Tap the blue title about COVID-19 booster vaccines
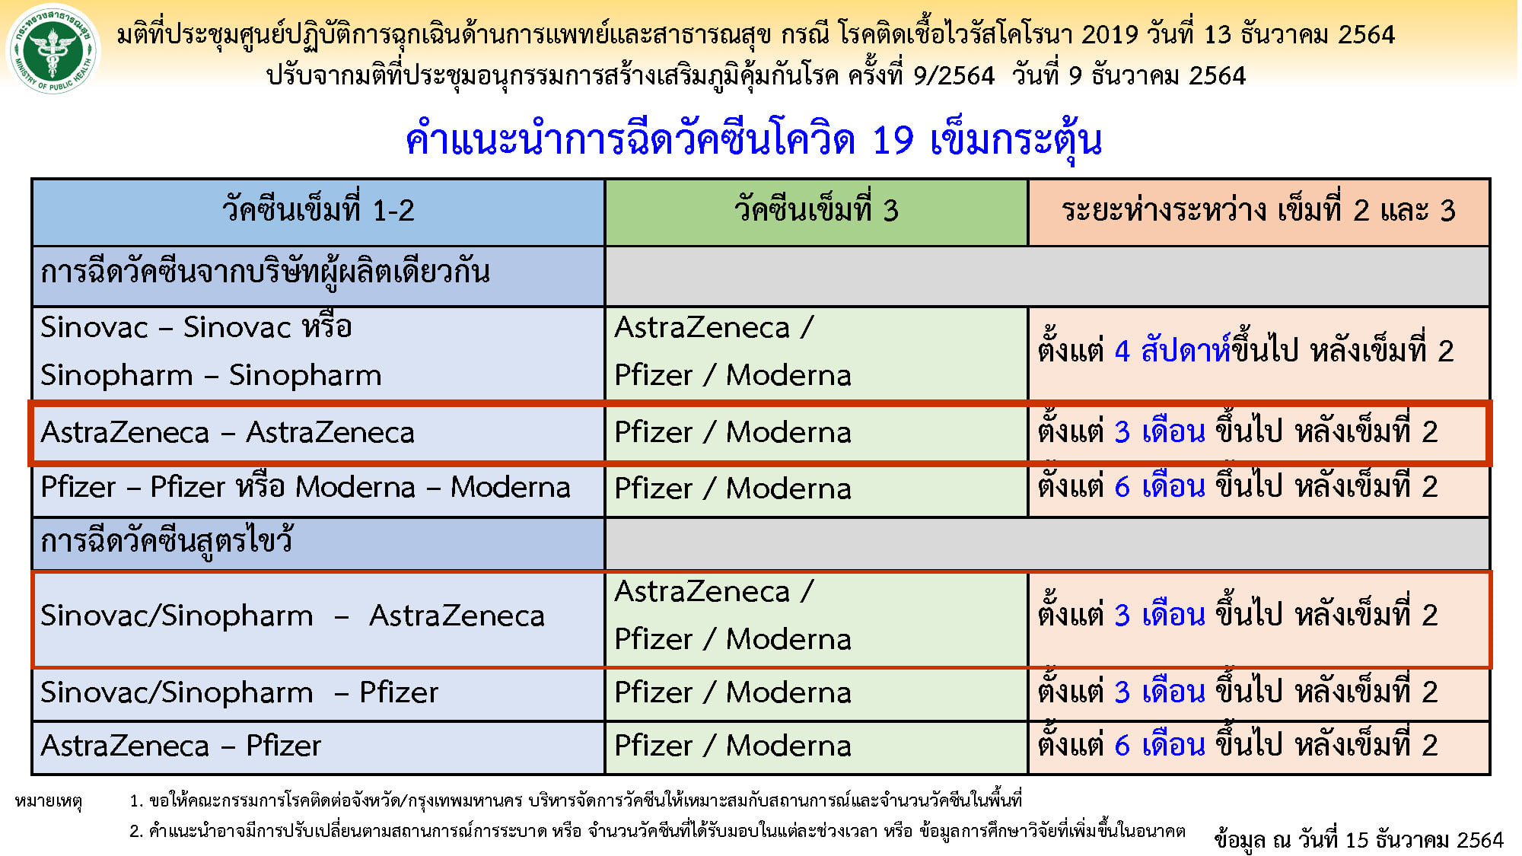point(753,140)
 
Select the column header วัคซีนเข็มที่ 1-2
point(318,212)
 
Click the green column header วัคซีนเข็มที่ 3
point(817,212)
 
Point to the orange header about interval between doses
point(1259,212)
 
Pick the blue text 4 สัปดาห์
point(1173,351)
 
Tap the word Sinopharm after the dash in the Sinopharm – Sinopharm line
point(305,375)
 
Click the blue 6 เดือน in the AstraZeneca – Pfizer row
point(1160,745)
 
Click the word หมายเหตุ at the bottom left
point(48,801)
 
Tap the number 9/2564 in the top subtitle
point(954,75)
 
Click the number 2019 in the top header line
point(1110,35)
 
